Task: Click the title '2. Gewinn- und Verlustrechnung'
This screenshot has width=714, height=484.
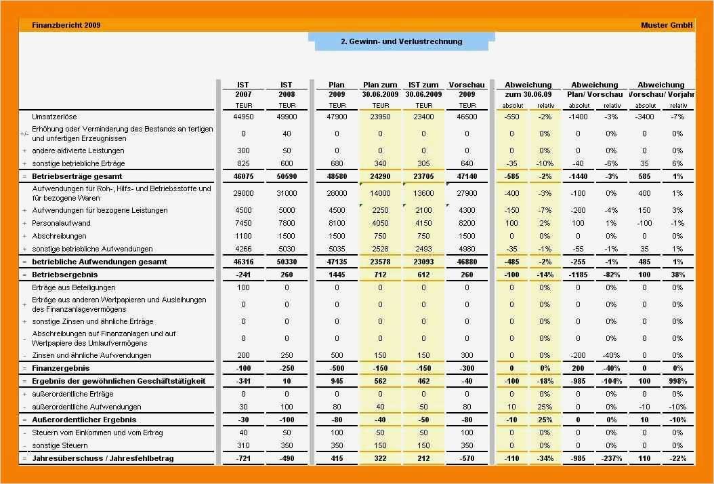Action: (401, 41)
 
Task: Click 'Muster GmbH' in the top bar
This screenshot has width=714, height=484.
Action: (667, 25)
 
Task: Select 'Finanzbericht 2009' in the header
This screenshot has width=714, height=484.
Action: (66, 25)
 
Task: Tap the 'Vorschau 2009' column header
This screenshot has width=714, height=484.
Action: (467, 89)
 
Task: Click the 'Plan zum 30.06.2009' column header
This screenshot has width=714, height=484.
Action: (381, 89)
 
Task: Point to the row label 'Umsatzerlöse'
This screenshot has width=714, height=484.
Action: (55, 117)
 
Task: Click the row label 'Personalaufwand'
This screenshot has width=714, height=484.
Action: (61, 223)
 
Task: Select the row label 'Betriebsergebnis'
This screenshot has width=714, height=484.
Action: (64, 275)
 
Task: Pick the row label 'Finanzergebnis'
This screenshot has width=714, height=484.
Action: (60, 368)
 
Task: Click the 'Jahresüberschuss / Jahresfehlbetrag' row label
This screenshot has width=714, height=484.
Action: (102, 458)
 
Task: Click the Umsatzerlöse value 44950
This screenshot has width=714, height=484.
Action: (243, 117)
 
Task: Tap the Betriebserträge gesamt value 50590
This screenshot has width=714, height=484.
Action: (287, 176)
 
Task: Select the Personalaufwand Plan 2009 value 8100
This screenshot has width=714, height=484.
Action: (337, 223)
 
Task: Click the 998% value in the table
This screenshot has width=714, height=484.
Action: (677, 381)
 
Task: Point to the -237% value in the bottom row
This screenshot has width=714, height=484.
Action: (612, 458)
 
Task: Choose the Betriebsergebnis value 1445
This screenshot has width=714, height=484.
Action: (337, 275)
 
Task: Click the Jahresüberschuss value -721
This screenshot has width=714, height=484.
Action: (243, 458)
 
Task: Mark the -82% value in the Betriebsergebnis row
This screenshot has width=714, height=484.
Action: (612, 275)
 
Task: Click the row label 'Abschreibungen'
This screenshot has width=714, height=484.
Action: (59, 236)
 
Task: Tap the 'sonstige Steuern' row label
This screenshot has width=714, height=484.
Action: (60, 445)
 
